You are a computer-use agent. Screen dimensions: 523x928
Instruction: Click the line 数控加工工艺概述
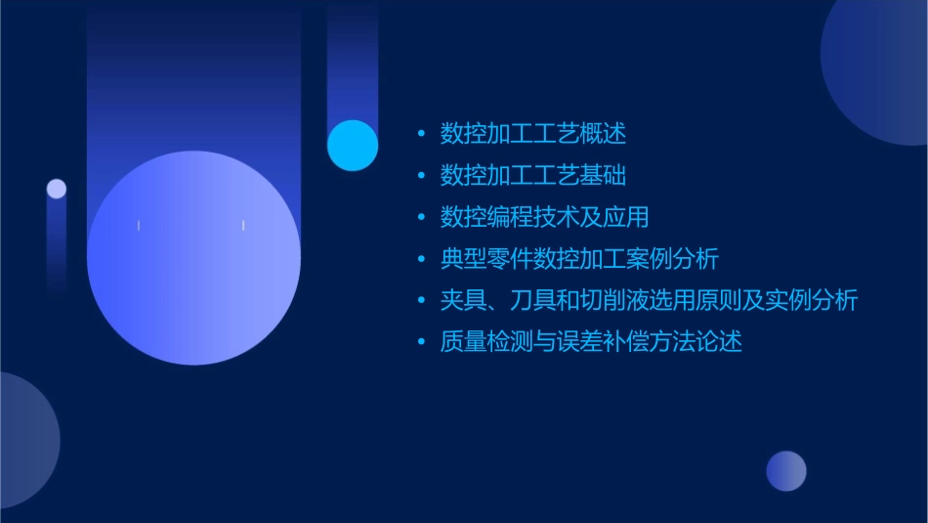click(532, 133)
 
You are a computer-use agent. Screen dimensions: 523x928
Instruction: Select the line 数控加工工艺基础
click(532, 175)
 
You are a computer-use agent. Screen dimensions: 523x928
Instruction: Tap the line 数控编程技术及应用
click(544, 217)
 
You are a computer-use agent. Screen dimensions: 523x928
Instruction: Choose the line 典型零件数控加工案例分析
click(579, 259)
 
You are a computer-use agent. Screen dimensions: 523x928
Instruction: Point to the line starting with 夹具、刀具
click(649, 300)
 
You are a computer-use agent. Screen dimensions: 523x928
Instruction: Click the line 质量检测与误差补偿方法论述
click(591, 342)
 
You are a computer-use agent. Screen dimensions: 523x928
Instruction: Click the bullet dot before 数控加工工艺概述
click(421, 133)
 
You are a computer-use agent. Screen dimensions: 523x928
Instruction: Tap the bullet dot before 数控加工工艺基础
click(421, 175)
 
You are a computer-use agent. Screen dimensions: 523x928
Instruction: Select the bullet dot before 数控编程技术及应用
click(421, 217)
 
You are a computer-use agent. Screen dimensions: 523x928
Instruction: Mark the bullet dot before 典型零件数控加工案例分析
click(421, 259)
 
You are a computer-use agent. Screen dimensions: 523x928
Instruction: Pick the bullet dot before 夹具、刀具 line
click(421, 300)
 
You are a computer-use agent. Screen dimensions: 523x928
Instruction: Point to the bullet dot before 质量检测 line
click(421, 342)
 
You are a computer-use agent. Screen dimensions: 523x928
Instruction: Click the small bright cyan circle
click(353, 146)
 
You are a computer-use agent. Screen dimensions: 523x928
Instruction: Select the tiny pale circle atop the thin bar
click(57, 189)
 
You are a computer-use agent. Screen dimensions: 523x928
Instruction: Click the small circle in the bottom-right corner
click(786, 471)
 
